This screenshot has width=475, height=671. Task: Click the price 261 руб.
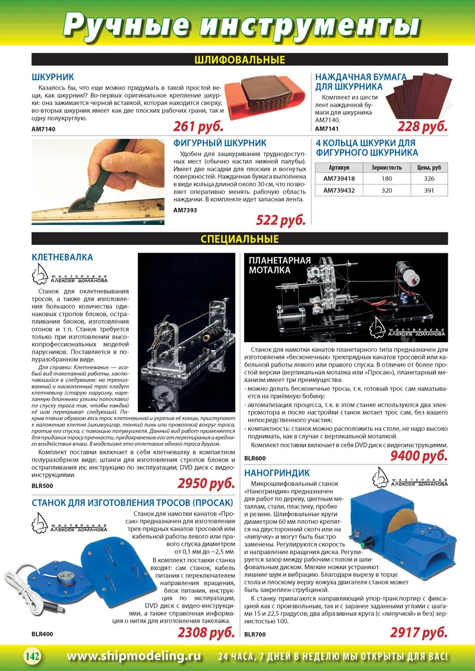[198, 126]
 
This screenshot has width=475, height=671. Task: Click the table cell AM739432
[340, 190]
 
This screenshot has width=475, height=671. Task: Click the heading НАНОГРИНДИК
[277, 473]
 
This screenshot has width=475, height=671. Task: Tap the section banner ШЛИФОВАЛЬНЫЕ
[239, 60]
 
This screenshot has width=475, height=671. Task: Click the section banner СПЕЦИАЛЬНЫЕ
[239, 239]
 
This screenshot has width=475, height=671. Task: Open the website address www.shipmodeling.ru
[134, 656]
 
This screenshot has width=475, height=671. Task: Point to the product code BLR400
[42, 634]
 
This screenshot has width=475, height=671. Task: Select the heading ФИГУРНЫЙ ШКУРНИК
[220, 143]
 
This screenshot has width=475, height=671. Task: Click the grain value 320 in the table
[387, 190]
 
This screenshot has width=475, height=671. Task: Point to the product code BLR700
[255, 634]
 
